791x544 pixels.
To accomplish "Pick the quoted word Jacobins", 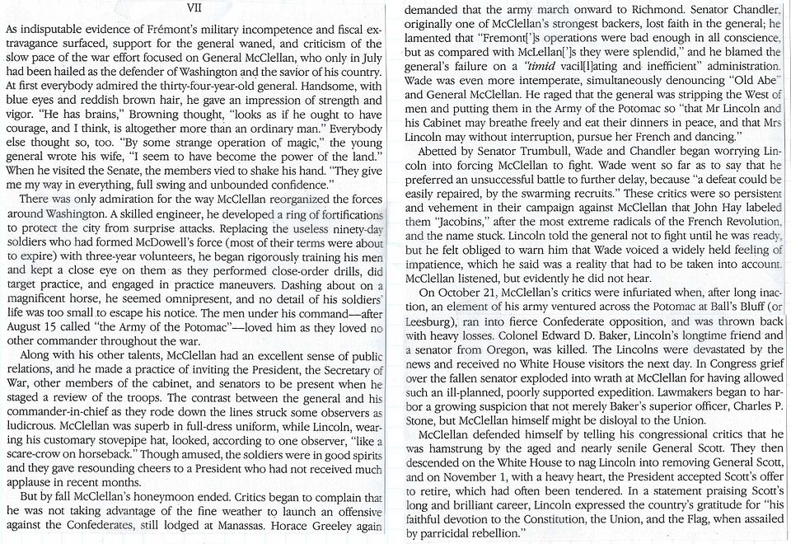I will (x=443, y=223).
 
